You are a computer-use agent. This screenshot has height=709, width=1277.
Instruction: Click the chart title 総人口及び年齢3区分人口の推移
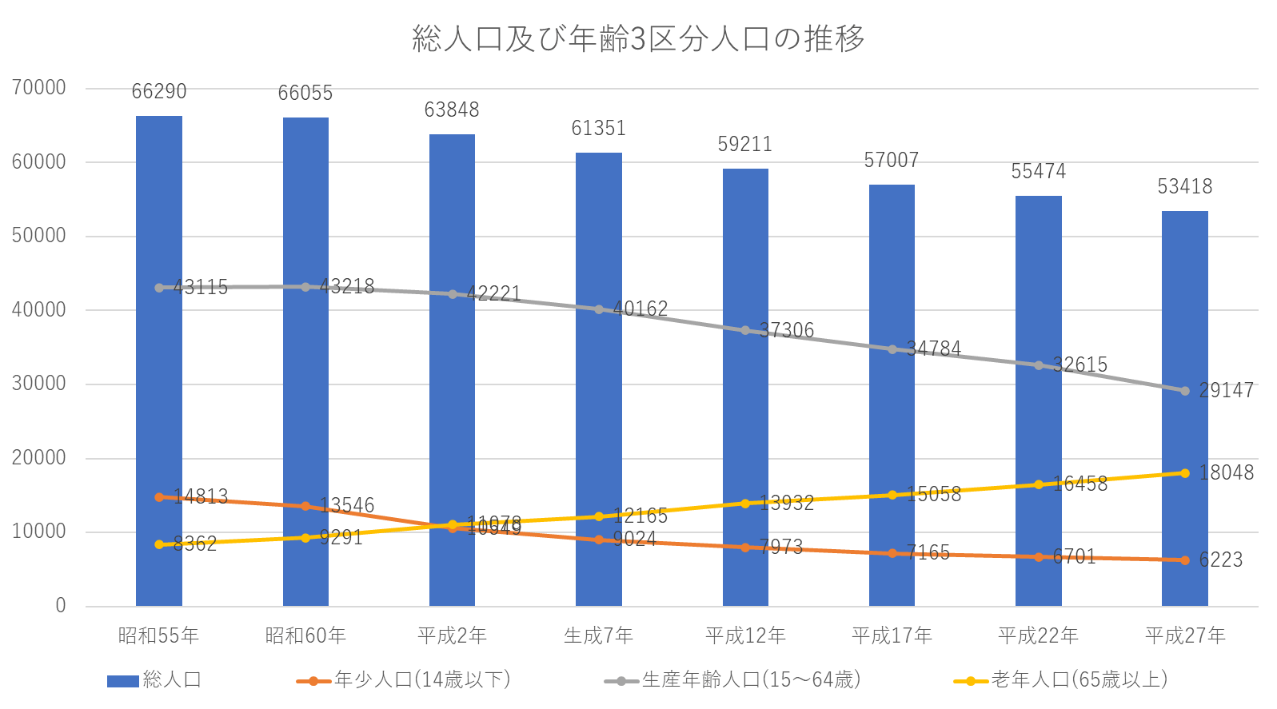tap(638, 38)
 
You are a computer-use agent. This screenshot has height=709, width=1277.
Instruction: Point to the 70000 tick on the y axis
tap(39, 87)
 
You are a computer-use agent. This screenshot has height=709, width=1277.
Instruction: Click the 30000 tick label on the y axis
tap(39, 384)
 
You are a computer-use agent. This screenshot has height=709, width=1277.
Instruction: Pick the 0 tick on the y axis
tap(60, 606)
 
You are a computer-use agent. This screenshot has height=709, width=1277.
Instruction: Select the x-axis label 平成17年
tap(892, 635)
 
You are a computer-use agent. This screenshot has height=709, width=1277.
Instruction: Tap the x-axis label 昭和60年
tap(305, 635)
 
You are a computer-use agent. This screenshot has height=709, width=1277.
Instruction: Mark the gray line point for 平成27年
tap(1184, 391)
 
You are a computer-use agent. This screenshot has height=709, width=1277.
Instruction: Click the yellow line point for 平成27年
tap(1184, 473)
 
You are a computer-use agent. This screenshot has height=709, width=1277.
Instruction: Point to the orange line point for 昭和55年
tap(159, 497)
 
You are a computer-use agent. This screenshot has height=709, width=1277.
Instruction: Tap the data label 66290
tap(159, 92)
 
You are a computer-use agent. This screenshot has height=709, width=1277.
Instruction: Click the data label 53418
tap(1184, 187)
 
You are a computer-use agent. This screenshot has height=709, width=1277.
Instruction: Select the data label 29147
tap(1226, 391)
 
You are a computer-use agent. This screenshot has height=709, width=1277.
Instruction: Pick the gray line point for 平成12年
tap(745, 330)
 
